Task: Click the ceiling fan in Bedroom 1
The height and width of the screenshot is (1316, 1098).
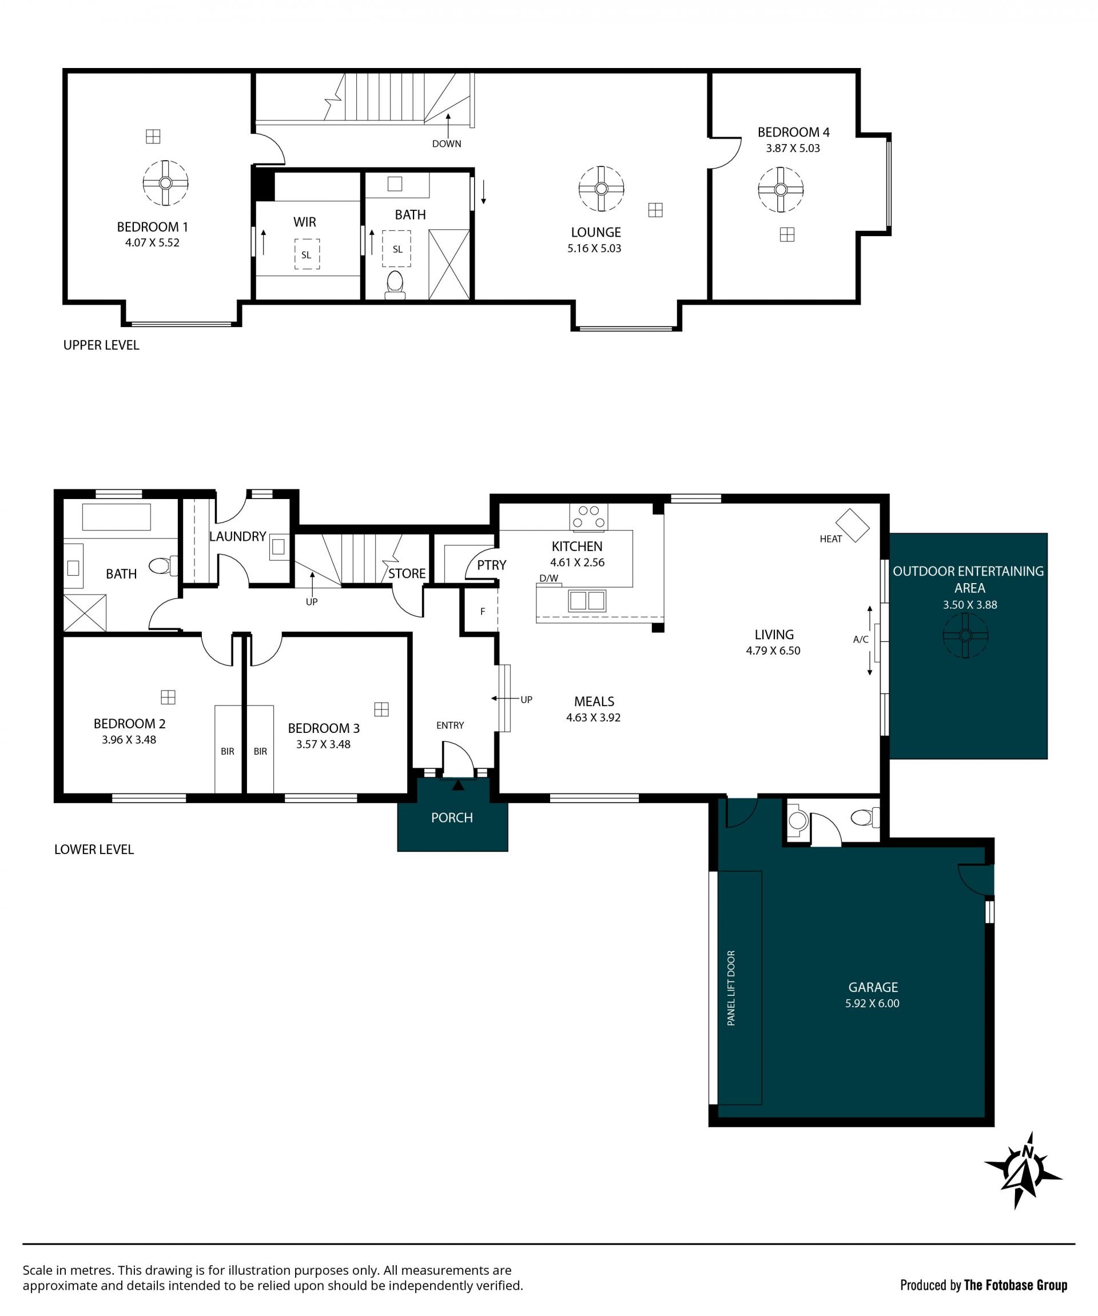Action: click(165, 183)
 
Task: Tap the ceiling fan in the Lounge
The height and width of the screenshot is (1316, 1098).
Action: click(601, 189)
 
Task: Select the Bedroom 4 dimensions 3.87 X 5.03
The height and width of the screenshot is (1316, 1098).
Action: click(793, 149)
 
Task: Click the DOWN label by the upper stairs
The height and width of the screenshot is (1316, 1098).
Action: click(446, 143)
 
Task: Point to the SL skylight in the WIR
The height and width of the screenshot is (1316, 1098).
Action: click(307, 254)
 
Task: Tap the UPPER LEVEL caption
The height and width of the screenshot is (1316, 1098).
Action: click(101, 345)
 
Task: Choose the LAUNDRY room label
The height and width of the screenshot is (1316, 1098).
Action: click(237, 536)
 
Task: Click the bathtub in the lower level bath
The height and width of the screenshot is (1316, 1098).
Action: click(117, 517)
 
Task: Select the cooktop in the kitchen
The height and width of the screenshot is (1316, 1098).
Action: click(588, 517)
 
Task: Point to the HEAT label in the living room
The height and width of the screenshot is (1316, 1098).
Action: click(830, 539)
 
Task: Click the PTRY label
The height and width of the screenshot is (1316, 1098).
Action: click(491, 565)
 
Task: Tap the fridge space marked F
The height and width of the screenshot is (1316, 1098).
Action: click(482, 612)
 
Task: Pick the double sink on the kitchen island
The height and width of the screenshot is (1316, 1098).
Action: click(587, 600)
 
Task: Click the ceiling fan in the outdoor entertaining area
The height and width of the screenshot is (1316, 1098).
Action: click(965, 636)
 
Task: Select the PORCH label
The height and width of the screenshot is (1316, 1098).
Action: click(452, 818)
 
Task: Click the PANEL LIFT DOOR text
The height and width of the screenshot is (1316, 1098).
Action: click(731, 988)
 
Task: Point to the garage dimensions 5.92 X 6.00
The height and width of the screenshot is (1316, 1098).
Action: click(872, 1003)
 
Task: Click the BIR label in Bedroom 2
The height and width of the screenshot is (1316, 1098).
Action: click(228, 751)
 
